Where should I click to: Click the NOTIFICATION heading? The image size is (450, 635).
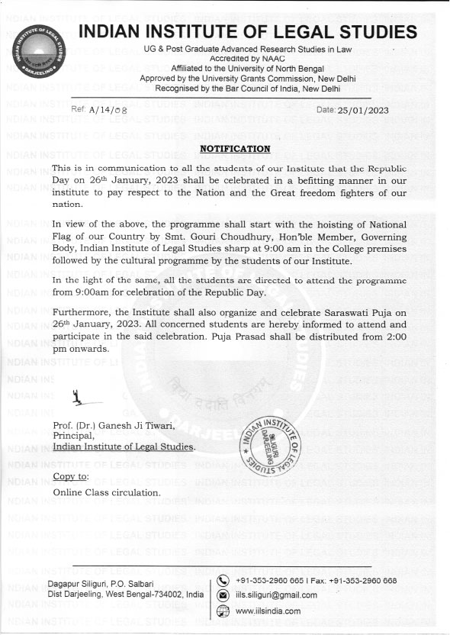(x=235, y=148)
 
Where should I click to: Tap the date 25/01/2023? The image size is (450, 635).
(x=364, y=111)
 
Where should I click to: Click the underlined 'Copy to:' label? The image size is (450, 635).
(x=72, y=477)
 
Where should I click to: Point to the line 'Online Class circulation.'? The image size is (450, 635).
(x=107, y=492)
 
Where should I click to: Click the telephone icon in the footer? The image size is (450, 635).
(x=223, y=579)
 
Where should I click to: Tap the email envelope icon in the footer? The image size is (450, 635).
(x=223, y=595)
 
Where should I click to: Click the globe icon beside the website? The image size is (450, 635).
(x=223, y=611)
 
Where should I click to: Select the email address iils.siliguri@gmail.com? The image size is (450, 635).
(x=276, y=595)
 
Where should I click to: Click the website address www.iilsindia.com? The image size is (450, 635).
(x=268, y=611)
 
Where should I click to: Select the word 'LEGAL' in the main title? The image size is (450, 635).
(x=297, y=31)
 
